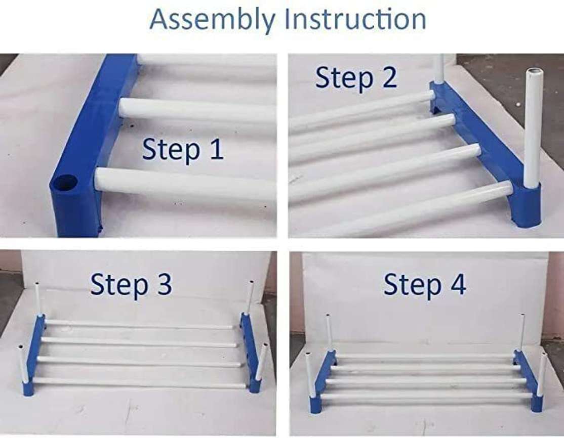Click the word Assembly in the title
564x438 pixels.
(x=213, y=19)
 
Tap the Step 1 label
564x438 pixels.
(x=182, y=150)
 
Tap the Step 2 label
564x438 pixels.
(x=356, y=78)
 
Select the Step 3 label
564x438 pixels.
(x=131, y=285)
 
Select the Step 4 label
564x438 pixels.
(x=424, y=285)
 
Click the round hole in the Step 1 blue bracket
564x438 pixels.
(x=65, y=183)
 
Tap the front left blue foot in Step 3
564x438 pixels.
(x=28, y=386)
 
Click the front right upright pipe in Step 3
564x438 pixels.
(x=261, y=362)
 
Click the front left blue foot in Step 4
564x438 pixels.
(x=315, y=405)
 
